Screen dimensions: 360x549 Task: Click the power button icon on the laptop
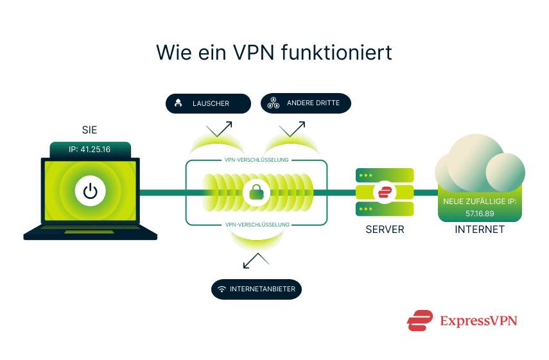(90, 191)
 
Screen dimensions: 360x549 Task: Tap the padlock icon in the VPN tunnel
(257, 191)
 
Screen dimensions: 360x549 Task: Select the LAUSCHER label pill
(207, 103)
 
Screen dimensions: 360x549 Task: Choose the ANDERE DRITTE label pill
(305, 103)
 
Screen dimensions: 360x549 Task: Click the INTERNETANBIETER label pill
(256, 289)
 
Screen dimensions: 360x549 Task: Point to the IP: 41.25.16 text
(90, 150)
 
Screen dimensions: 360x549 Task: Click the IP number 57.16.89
(479, 212)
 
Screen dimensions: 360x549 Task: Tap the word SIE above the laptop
(90, 130)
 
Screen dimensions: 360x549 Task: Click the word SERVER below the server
(385, 229)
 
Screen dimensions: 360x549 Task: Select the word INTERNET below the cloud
(479, 229)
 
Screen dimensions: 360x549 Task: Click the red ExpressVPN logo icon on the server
(385, 191)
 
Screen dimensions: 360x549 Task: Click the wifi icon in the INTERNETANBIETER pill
(222, 289)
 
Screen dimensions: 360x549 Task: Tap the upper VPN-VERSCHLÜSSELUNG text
(257, 160)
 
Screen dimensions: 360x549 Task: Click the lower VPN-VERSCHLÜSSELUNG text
(257, 225)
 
